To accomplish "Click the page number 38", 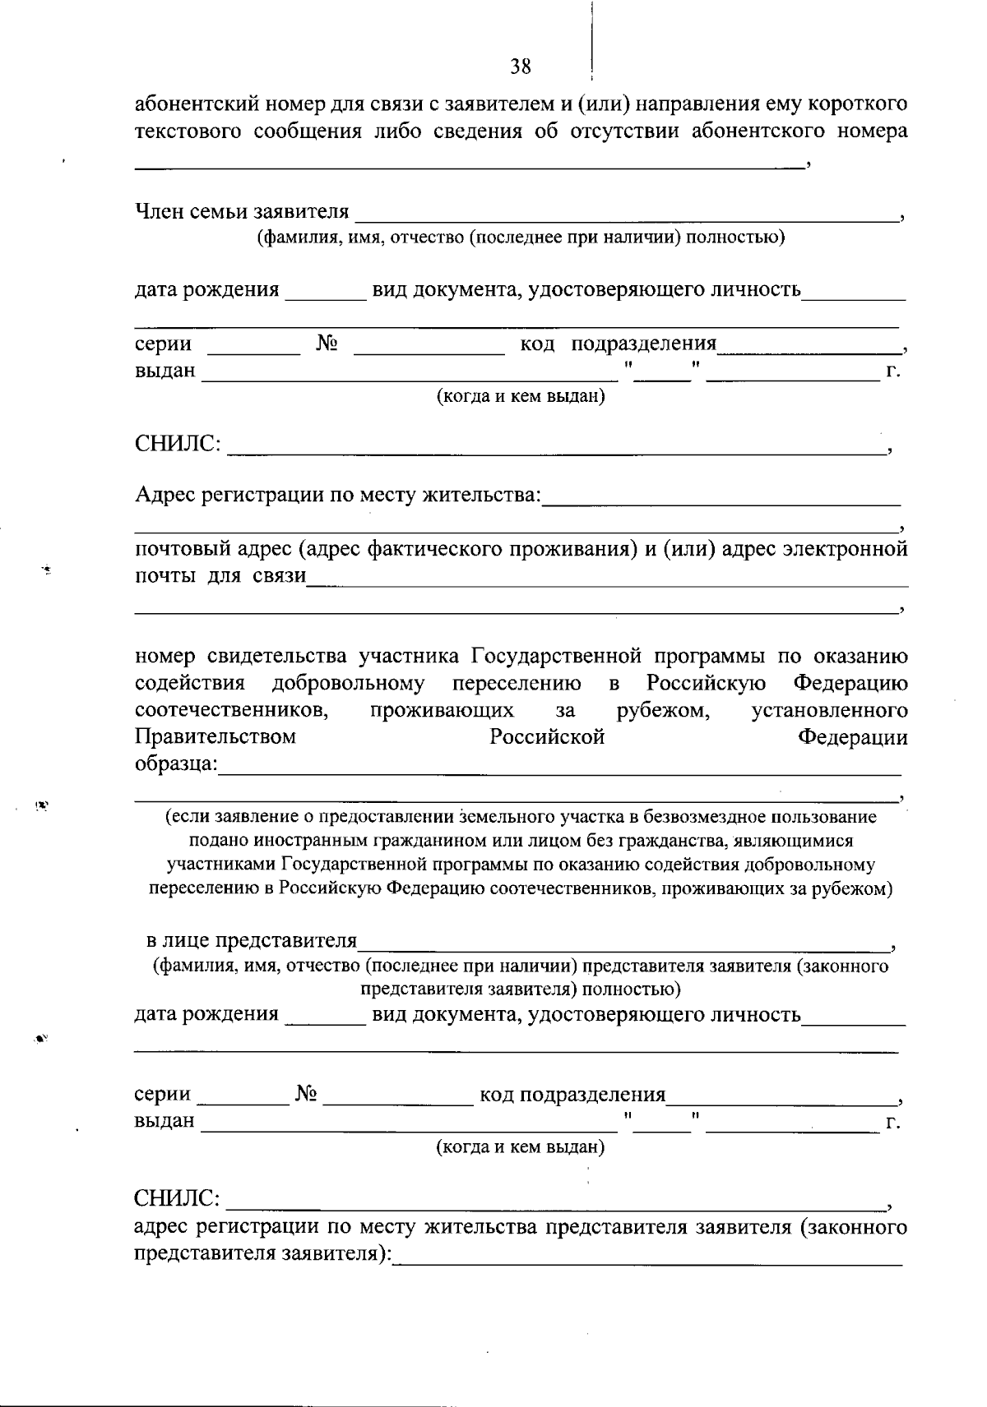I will (x=520, y=67).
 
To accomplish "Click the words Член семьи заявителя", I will (x=242, y=212).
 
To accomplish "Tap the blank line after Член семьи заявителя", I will (x=625, y=218).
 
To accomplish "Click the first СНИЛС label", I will (x=177, y=445).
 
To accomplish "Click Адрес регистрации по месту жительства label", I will (x=338, y=495).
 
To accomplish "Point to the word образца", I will (x=175, y=763).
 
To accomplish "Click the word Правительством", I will (x=215, y=736).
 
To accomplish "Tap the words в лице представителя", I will (x=252, y=940).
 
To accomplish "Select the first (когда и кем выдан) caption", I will (x=520, y=397).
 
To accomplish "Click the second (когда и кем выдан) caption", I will (x=520, y=1146).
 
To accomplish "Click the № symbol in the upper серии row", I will (x=327, y=343).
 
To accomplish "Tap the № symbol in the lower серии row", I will (x=306, y=1094).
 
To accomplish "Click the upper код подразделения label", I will (x=619, y=343).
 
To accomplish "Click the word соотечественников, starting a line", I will (x=233, y=709).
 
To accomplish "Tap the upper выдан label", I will (x=165, y=371).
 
